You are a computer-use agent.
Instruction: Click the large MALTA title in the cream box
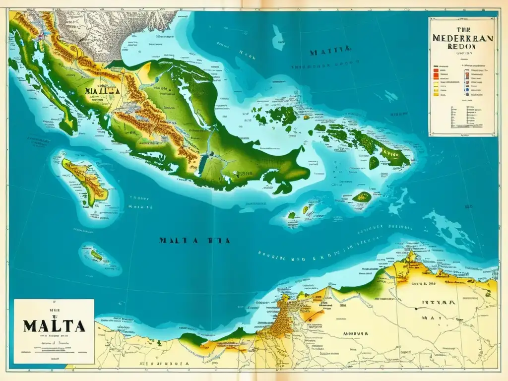[x=53, y=326]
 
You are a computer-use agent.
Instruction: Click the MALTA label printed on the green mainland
[x=102, y=91]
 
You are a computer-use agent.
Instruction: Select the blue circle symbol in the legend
[x=466, y=93]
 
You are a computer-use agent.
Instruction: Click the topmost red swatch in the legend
[x=436, y=70]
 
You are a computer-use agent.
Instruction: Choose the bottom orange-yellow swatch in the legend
[x=436, y=93]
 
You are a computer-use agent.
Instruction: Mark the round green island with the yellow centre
[x=362, y=196]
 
